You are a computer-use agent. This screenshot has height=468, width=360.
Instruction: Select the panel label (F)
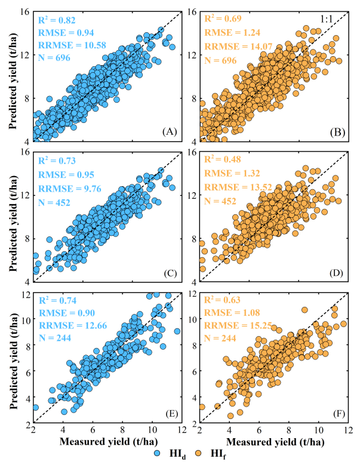pyautogui.click(x=333, y=415)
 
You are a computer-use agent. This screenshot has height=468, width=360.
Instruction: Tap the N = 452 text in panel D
pyautogui.click(x=221, y=201)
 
